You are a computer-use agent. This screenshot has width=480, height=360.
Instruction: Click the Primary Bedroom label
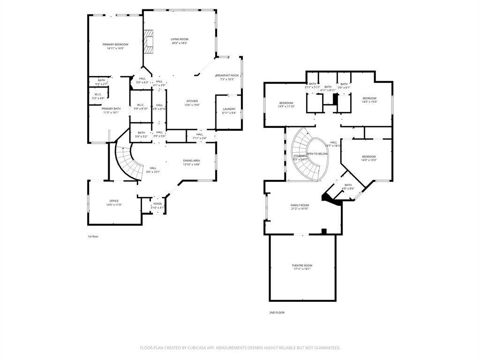tap(115, 45)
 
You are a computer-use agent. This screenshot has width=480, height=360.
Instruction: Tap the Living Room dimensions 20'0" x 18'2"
tap(179, 43)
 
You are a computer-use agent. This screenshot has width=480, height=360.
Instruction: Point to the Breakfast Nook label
tap(227, 75)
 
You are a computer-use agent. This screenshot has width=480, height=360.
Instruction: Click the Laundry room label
tap(229, 109)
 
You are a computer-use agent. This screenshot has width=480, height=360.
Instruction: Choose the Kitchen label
tap(192, 101)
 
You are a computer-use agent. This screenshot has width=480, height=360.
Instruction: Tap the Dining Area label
tap(191, 161)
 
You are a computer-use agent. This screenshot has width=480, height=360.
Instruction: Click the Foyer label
tap(157, 204)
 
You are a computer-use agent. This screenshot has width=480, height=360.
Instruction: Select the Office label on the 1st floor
tap(114, 201)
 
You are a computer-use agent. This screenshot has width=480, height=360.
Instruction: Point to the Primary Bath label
tap(111, 109)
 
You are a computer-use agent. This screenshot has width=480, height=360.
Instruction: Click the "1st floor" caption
tap(93, 236)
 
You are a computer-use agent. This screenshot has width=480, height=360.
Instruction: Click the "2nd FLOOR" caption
tap(277, 312)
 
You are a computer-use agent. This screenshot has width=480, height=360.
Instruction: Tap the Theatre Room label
tap(302, 265)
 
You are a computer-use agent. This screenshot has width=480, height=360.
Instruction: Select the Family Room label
tap(300, 205)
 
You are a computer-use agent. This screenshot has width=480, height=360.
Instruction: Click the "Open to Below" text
tap(317, 154)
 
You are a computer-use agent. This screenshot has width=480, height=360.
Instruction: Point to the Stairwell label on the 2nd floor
tap(300, 156)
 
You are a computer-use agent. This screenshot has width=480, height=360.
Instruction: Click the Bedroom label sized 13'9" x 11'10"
tap(286, 103)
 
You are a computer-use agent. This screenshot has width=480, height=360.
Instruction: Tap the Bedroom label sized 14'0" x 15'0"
tap(369, 98)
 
